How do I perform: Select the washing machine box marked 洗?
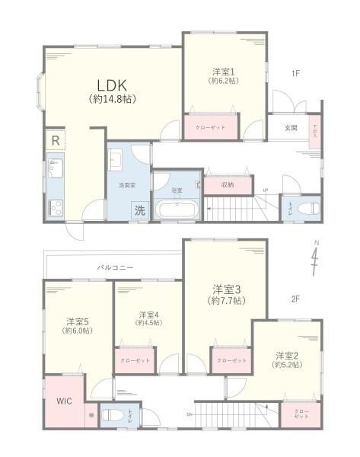tap(140, 209)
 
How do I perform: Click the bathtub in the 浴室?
tap(176, 209)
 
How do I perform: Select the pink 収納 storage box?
tap(228, 184)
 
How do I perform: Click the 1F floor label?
tap(295, 74)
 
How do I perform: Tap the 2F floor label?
tap(296, 299)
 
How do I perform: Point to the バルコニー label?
tap(115, 268)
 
